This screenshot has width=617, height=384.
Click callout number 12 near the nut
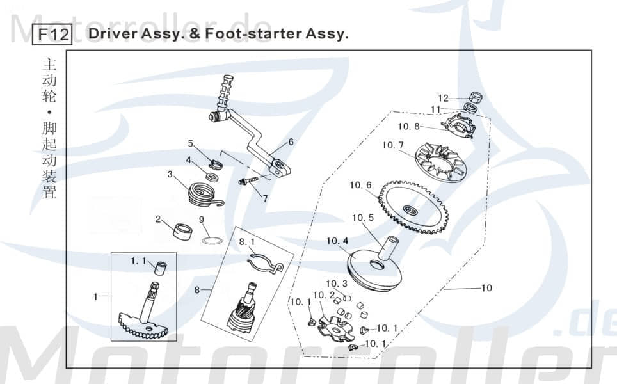pyautogui.click(x=443, y=99)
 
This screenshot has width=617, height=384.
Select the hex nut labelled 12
pyautogui.click(x=475, y=98)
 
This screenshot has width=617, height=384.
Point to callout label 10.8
pyautogui.click(x=408, y=127)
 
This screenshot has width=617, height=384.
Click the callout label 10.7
pyautogui.click(x=392, y=145)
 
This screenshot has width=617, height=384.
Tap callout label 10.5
pyautogui.click(x=362, y=218)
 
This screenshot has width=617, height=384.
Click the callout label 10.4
pyautogui.click(x=337, y=241)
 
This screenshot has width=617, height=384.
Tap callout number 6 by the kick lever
pyautogui.click(x=291, y=142)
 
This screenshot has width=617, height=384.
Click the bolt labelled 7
pyautogui.click(x=249, y=181)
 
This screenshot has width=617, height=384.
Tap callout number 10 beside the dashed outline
pyautogui.click(x=486, y=288)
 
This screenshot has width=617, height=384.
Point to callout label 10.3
pyautogui.click(x=337, y=284)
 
